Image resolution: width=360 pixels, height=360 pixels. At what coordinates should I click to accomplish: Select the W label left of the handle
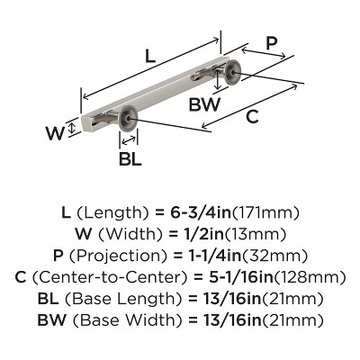(54, 133)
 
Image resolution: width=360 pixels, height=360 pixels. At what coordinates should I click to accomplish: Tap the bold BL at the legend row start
(50, 298)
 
